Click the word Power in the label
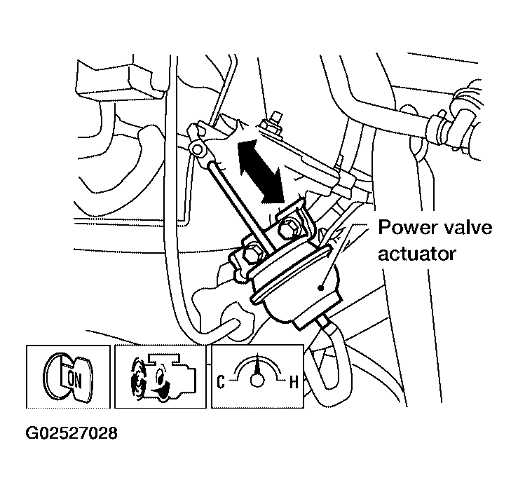[x=404, y=228]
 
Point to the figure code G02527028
[x=71, y=432]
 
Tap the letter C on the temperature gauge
[x=222, y=382]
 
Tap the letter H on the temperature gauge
[x=295, y=382]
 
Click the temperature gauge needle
[x=258, y=367]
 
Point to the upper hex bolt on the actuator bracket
[x=289, y=229]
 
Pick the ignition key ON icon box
[x=69, y=377]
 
